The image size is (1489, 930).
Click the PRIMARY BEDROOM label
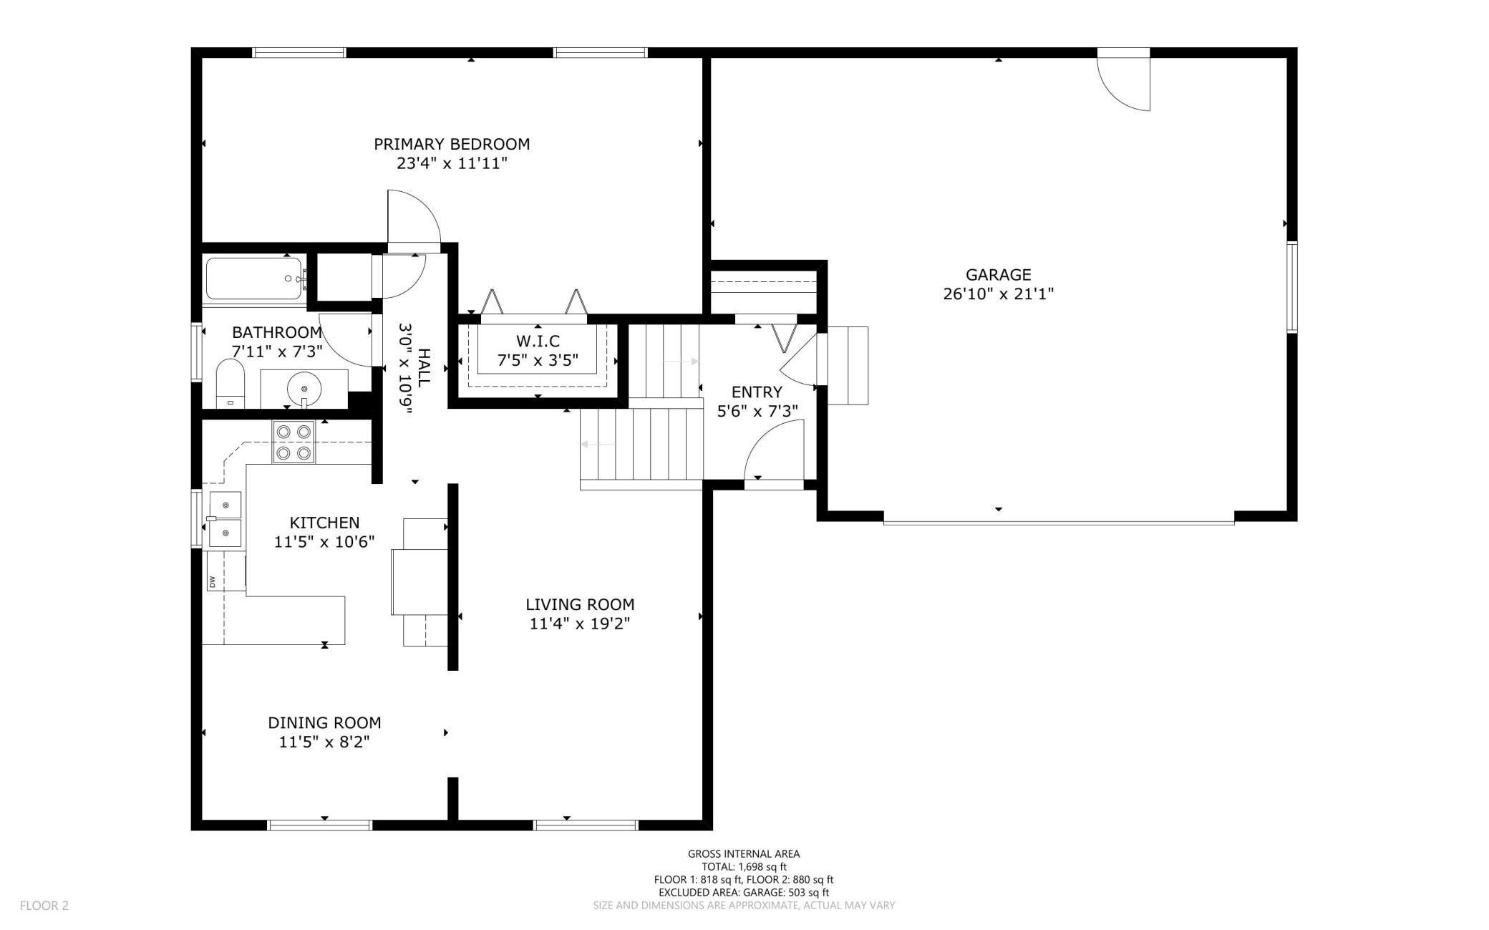pos(452,144)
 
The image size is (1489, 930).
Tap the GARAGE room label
pos(998,274)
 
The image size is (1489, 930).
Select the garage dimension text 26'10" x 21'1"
pos(998,294)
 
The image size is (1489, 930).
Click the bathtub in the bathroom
pos(256,278)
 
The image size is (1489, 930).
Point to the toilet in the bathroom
pos(230,384)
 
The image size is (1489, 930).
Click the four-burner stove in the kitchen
pos(294,442)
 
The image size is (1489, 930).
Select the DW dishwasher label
pos(213,581)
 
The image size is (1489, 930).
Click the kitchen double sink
pos(224,518)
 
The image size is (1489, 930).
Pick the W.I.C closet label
pos(538,341)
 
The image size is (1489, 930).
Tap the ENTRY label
pos(757,392)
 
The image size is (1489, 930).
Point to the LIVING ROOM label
pos(580,604)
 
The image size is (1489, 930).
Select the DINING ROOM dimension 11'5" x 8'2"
pos(324,742)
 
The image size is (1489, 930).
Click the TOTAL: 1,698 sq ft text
pos(744,866)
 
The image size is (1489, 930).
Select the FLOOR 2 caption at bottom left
pos(44,906)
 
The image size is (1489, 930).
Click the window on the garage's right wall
pos(1292,287)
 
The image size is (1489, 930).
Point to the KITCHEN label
pos(324,523)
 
